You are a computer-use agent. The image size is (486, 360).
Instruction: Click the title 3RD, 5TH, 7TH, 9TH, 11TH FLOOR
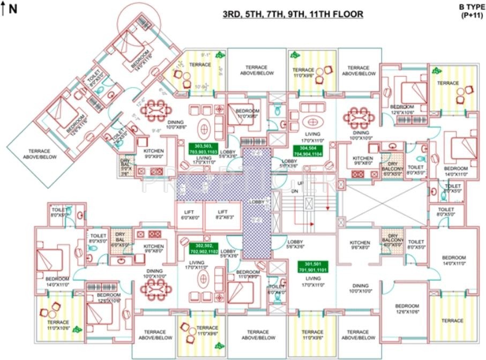click(293, 14)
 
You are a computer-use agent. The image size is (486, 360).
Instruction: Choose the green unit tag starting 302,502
click(204, 248)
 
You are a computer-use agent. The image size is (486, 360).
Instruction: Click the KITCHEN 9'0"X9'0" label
click(153, 154)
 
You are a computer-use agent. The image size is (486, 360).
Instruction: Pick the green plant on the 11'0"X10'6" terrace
click(79, 329)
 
